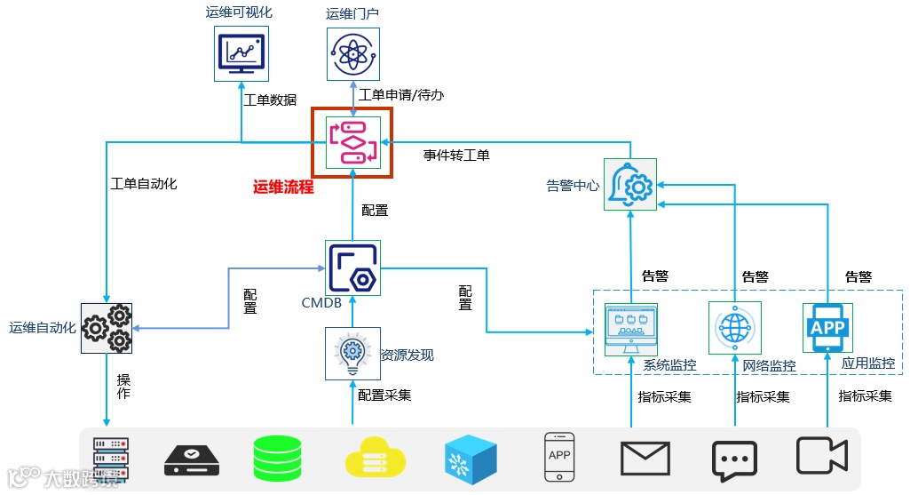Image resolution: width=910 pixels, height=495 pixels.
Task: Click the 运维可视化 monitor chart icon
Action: point(241,53)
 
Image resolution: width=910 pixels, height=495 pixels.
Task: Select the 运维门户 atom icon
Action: point(352,54)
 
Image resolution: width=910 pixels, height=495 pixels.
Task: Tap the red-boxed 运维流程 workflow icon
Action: point(352,142)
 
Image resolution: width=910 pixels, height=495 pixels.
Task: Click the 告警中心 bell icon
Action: point(630,185)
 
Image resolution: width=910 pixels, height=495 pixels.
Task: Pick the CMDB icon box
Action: point(352,267)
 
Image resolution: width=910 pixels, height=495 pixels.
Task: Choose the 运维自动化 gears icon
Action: point(107,328)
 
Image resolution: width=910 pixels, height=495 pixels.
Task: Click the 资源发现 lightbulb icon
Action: point(352,354)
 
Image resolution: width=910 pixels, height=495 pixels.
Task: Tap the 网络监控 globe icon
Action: point(735,328)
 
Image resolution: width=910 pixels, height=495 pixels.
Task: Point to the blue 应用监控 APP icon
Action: point(827,328)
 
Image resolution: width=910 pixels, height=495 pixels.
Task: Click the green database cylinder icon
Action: point(277,459)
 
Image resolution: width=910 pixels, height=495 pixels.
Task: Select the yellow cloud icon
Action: point(375,458)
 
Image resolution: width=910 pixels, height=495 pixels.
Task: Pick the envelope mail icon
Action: point(645,459)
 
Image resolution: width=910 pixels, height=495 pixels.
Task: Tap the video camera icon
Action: point(822,456)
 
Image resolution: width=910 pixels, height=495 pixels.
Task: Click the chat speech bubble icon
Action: point(734,460)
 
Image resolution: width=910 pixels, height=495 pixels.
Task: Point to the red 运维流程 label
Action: point(283,187)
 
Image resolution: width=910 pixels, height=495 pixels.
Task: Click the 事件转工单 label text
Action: point(456,156)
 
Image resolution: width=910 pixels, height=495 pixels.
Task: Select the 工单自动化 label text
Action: point(144,184)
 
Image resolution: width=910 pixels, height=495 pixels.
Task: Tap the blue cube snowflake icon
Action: point(471,459)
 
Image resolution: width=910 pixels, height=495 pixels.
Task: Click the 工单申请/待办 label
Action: point(401,95)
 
